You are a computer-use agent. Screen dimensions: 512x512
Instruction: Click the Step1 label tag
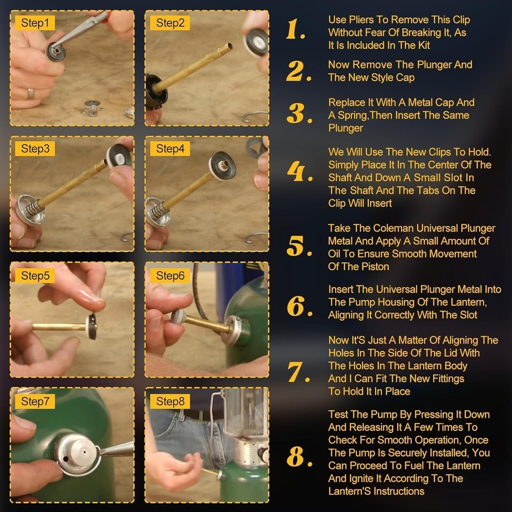(35, 23)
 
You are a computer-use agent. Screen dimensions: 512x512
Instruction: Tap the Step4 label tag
(170, 149)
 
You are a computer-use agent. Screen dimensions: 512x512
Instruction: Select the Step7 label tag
(35, 401)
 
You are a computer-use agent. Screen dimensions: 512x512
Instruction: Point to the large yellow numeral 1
(295, 29)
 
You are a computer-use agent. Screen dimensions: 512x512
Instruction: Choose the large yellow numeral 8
(299, 457)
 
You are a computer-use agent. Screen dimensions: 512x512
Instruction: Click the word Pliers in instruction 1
(361, 20)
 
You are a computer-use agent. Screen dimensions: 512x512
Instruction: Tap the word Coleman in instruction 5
(394, 228)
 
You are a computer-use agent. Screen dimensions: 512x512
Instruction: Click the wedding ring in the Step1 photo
(30, 94)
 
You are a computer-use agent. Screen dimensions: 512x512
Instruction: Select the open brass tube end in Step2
(229, 47)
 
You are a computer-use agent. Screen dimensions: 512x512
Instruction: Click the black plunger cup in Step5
(92, 326)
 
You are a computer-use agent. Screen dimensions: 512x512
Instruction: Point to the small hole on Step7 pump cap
(66, 459)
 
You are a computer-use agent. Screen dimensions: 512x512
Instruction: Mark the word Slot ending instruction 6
(468, 315)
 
